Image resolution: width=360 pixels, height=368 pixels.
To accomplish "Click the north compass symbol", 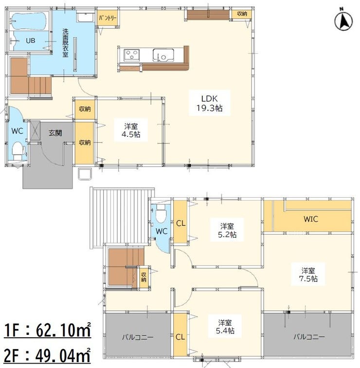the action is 343,20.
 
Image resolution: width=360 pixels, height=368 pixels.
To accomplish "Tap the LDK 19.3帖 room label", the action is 209,103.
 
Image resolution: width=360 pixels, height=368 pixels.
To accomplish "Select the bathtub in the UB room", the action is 29,21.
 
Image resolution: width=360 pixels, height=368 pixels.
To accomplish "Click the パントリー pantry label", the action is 108,18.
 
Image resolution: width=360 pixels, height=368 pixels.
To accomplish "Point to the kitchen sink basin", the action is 163,55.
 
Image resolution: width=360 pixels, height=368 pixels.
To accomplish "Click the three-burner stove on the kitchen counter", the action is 131,55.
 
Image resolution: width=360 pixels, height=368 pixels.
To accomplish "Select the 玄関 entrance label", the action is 55,133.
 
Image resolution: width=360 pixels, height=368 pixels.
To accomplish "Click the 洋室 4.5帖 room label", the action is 131,130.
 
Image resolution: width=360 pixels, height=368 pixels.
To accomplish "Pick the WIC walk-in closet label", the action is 311,219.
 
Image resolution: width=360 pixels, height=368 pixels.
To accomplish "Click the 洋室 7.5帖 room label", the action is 308,275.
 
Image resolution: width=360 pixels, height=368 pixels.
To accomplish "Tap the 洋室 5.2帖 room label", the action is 227,230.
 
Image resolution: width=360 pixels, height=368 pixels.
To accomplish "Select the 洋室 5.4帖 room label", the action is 225,327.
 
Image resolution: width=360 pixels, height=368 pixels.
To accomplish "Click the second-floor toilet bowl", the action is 161,213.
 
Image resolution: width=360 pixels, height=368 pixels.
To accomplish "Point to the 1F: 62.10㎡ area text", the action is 47,330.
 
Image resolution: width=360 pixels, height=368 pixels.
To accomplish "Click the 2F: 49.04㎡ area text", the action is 47,355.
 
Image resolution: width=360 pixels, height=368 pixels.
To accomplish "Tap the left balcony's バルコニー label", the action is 138,337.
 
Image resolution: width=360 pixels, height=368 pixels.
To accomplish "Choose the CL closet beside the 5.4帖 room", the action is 180,337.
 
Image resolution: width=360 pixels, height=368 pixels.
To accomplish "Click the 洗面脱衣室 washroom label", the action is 65,43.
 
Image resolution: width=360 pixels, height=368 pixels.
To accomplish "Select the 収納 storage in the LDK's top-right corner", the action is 242,14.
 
